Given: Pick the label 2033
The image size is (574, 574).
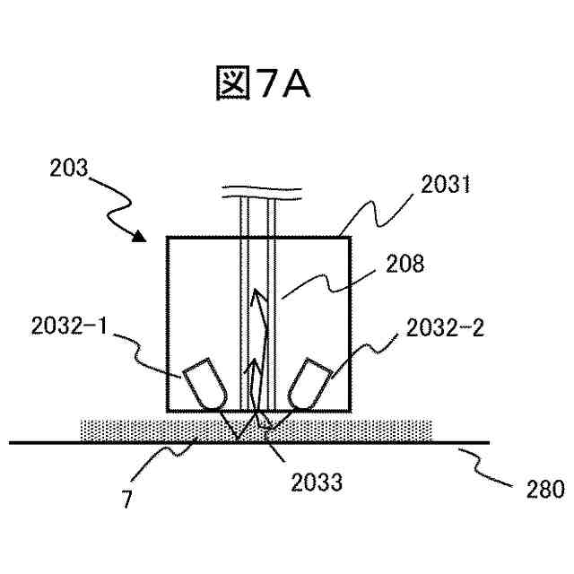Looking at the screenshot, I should [x=317, y=483].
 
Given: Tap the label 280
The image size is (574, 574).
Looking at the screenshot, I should [x=544, y=489].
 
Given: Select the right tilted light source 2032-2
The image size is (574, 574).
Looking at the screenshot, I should [x=307, y=383].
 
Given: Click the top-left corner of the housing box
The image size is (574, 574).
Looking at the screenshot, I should [x=168, y=237].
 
